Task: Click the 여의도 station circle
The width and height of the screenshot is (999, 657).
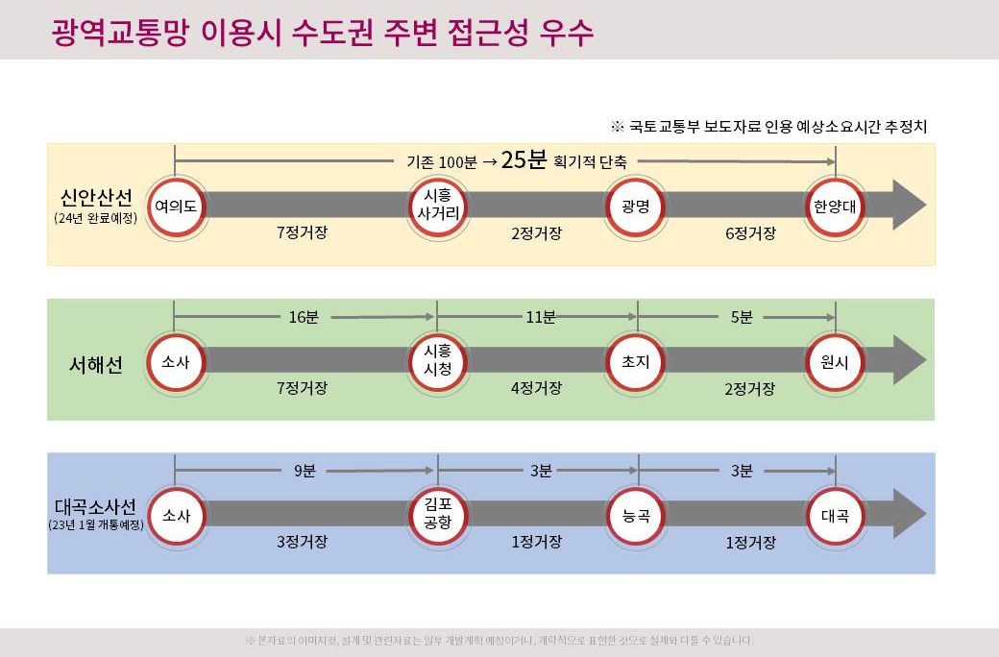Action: click(175, 205)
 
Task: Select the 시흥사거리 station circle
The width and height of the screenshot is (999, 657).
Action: click(437, 205)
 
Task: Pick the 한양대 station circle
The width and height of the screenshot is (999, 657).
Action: click(834, 205)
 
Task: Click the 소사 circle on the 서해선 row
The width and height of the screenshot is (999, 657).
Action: click(175, 361)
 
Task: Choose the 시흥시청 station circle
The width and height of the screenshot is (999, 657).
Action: click(437, 361)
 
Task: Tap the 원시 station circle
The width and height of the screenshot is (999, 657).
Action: click(834, 361)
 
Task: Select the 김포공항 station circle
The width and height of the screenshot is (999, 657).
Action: click(437, 515)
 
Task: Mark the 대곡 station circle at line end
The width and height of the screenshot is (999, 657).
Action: click(834, 515)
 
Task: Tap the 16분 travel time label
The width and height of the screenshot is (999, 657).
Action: click(304, 317)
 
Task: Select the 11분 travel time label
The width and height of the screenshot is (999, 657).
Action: click(540, 317)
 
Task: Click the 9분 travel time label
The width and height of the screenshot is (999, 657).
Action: click(304, 471)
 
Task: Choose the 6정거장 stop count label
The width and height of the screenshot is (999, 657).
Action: click(750, 233)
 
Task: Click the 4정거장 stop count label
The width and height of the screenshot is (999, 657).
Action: click(536, 388)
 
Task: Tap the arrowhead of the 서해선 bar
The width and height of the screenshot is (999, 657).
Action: click(909, 359)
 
